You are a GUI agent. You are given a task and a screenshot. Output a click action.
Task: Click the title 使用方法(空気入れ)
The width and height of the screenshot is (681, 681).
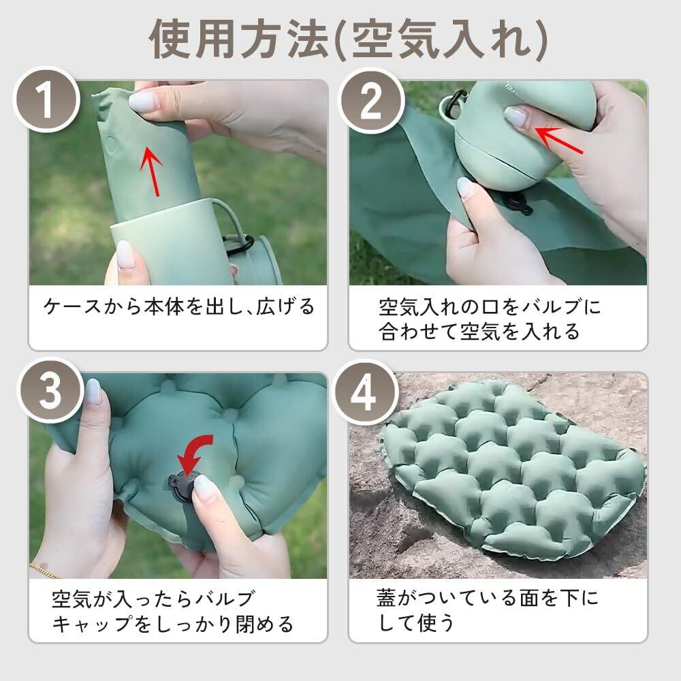click(348, 39)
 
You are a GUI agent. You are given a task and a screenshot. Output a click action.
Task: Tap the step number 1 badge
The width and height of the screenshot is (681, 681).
click(47, 99)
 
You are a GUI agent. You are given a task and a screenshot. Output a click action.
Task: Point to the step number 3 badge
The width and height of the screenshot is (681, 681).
click(50, 391)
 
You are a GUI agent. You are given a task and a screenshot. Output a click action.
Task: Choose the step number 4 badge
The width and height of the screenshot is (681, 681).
click(364, 392)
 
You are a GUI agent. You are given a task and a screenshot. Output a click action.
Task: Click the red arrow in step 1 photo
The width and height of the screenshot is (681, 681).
click(152, 171)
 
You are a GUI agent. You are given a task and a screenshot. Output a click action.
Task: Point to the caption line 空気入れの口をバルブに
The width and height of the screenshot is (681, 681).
click(490, 306)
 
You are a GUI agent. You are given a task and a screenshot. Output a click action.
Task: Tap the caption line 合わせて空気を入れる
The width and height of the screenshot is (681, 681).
click(479, 332)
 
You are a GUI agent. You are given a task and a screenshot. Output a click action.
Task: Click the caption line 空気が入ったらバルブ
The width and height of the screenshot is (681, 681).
click(153, 599)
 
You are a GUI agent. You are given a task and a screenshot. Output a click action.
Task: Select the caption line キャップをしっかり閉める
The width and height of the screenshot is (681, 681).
click(173, 624)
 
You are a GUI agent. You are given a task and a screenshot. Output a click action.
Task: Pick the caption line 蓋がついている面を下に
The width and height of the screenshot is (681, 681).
click(488, 598)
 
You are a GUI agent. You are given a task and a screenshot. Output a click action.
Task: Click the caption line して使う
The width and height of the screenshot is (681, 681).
click(416, 623)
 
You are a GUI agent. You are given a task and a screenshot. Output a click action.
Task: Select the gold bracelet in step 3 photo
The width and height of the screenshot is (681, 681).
click(44, 571)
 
